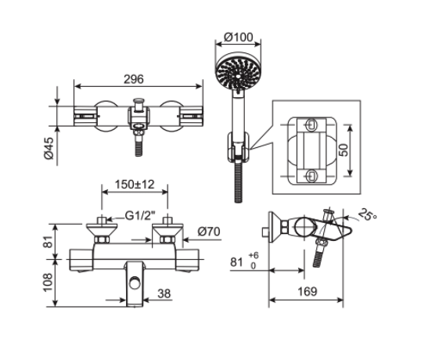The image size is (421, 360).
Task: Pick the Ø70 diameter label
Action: (x=207, y=232)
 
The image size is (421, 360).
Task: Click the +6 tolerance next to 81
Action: (x=253, y=255)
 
